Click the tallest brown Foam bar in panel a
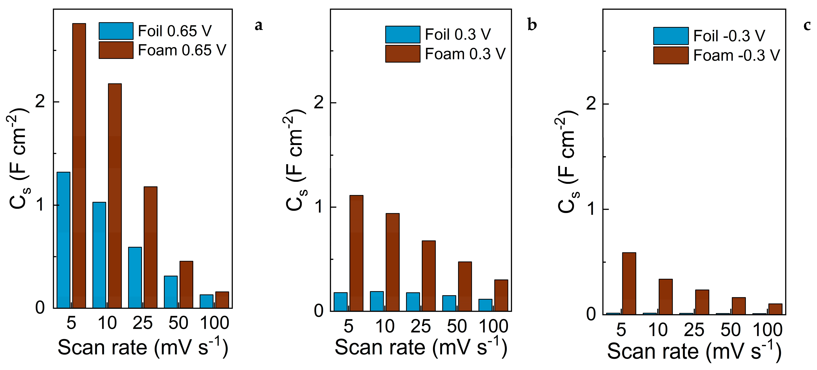[x=79, y=165]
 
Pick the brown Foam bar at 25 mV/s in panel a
[x=150, y=247]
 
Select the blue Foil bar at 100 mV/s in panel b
[x=485, y=305]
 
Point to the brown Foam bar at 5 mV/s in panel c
[x=629, y=283]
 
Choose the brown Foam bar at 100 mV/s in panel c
[x=775, y=309]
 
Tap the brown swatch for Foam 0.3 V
[x=403, y=54]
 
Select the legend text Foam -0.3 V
[x=736, y=55]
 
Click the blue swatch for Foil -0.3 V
[x=671, y=36]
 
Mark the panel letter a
[x=259, y=25]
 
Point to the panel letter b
[x=532, y=25]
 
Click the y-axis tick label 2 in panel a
[x=40, y=102]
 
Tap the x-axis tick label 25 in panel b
[x=421, y=326]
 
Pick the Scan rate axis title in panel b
[x=421, y=348]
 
